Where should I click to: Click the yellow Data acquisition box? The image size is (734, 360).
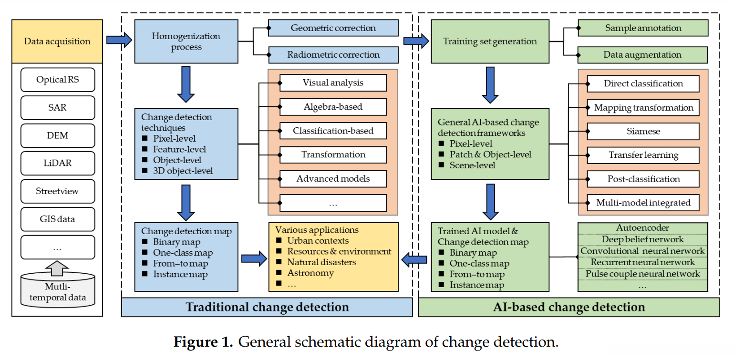click(57, 41)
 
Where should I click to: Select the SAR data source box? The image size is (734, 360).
click(57, 108)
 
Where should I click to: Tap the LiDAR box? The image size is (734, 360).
click(57, 164)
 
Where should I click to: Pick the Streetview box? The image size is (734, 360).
click(57, 191)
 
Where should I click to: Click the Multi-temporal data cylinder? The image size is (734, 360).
click(57, 291)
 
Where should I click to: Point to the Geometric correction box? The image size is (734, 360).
click(333, 28)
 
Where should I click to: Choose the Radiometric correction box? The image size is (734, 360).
click(333, 55)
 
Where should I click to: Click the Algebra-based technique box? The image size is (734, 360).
click(333, 107)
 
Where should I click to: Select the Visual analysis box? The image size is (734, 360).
click(333, 83)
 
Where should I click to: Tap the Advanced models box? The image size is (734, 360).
click(333, 179)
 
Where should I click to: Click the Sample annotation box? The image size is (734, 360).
click(643, 28)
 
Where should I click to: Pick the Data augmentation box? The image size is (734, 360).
click(643, 55)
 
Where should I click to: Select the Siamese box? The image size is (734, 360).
click(643, 131)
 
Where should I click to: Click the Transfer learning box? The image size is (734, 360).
click(643, 155)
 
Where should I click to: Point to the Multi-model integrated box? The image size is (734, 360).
click(643, 203)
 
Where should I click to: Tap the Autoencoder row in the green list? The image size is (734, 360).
click(642, 228)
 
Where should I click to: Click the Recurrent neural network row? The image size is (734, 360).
click(642, 262)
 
